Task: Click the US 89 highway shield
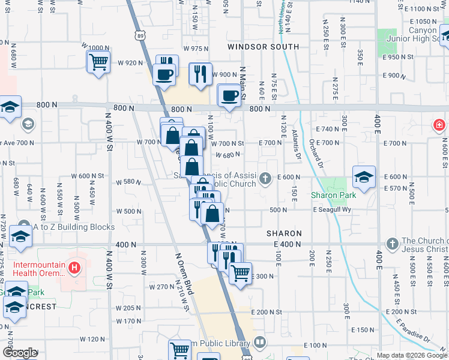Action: [140, 37]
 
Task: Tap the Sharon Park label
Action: [333, 195]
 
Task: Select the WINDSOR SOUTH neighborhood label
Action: [263, 47]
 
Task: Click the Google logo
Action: [19, 353]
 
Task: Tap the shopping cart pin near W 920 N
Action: [98, 61]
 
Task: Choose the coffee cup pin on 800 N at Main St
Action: [229, 95]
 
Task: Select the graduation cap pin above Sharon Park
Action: [363, 177]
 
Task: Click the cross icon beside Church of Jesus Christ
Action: [392, 244]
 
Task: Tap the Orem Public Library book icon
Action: [259, 343]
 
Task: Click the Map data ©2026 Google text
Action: [412, 355]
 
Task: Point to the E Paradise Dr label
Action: [415, 331]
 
